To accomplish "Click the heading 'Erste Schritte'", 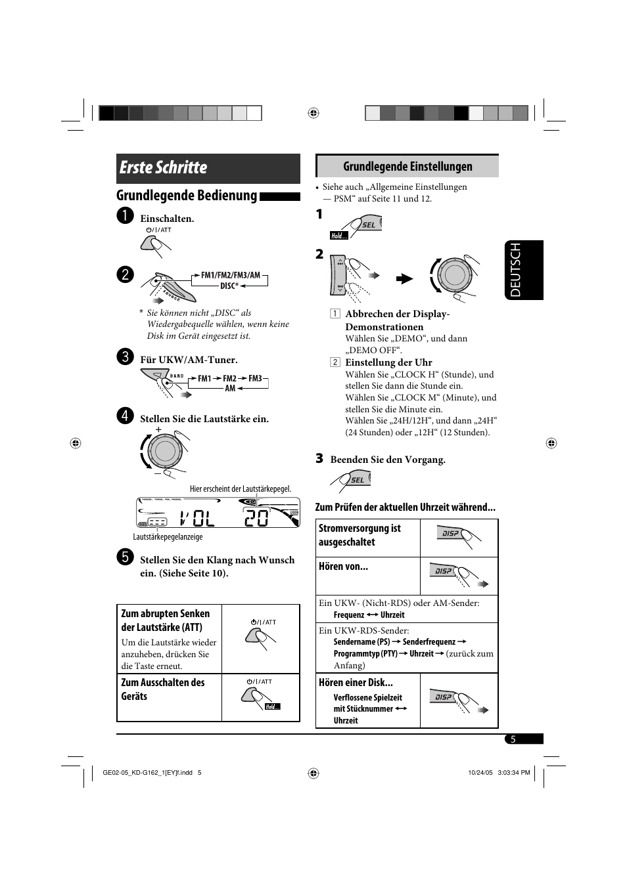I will [x=164, y=168].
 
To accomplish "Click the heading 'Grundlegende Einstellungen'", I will [x=407, y=167].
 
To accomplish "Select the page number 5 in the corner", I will [x=513, y=739].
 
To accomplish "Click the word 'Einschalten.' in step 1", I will [x=167, y=219].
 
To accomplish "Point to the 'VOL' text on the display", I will [x=197, y=519].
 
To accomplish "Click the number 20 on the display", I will [x=256, y=519].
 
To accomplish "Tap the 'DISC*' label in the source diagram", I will [x=229, y=286].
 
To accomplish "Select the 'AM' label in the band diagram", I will [x=230, y=389].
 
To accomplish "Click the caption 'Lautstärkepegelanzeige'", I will [x=168, y=537].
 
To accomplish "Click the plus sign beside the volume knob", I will [x=158, y=429].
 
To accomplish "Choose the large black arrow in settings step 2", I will [x=404, y=279].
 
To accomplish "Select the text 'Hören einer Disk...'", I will [x=356, y=683].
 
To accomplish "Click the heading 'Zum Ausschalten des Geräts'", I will [x=162, y=689].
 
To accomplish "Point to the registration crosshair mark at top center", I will [x=313, y=113].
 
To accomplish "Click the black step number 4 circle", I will [x=125, y=416].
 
